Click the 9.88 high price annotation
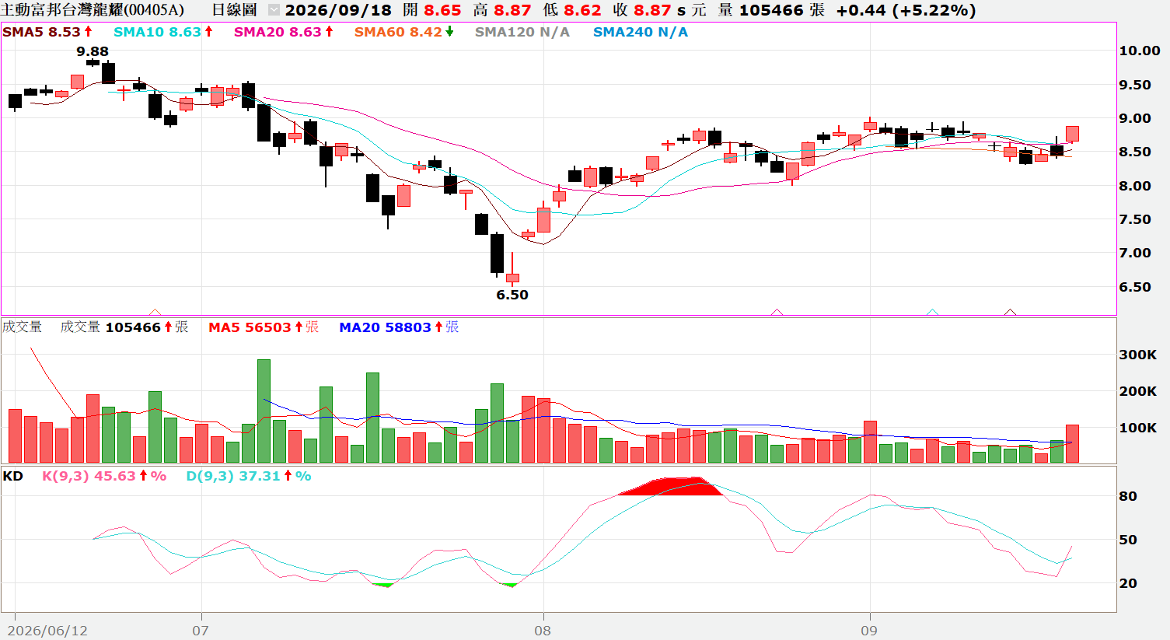tap(93, 51)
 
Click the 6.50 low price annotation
tap(512, 295)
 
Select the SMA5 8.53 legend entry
tap(47, 32)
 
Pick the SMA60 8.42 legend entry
tap(403, 32)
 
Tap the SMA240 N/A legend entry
tap(641, 32)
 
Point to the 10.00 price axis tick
tap(1139, 51)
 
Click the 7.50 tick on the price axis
tap(1135, 219)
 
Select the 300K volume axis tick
tap(1137, 355)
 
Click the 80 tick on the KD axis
tap(1128, 496)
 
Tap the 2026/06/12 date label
tap(47, 631)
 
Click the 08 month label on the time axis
tap(542, 631)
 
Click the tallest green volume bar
tap(264, 411)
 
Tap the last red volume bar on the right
tap(1072, 443)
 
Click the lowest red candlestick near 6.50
tap(512, 278)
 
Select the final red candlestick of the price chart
tap(1072, 134)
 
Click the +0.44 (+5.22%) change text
tap(906, 10)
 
